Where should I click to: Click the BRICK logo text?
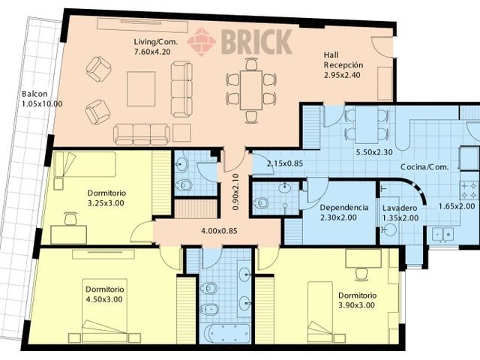[256, 41]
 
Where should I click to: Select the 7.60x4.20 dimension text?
[152, 52]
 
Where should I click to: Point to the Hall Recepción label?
[343, 60]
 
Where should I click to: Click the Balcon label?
[34, 94]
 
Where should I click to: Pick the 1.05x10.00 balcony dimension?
[42, 103]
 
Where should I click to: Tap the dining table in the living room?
[251, 90]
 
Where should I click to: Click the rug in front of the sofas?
[141, 88]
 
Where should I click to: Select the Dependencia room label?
[344, 208]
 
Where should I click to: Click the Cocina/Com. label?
[424, 167]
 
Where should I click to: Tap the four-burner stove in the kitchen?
[469, 190]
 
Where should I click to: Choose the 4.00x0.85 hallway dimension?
[219, 231]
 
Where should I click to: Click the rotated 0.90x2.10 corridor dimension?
[235, 192]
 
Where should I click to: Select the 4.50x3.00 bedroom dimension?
[104, 299]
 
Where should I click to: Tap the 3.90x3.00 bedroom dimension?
[356, 305]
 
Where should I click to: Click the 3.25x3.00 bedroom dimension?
[106, 203]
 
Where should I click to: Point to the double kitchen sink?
[442, 235]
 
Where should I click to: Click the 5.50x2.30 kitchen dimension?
[373, 152]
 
